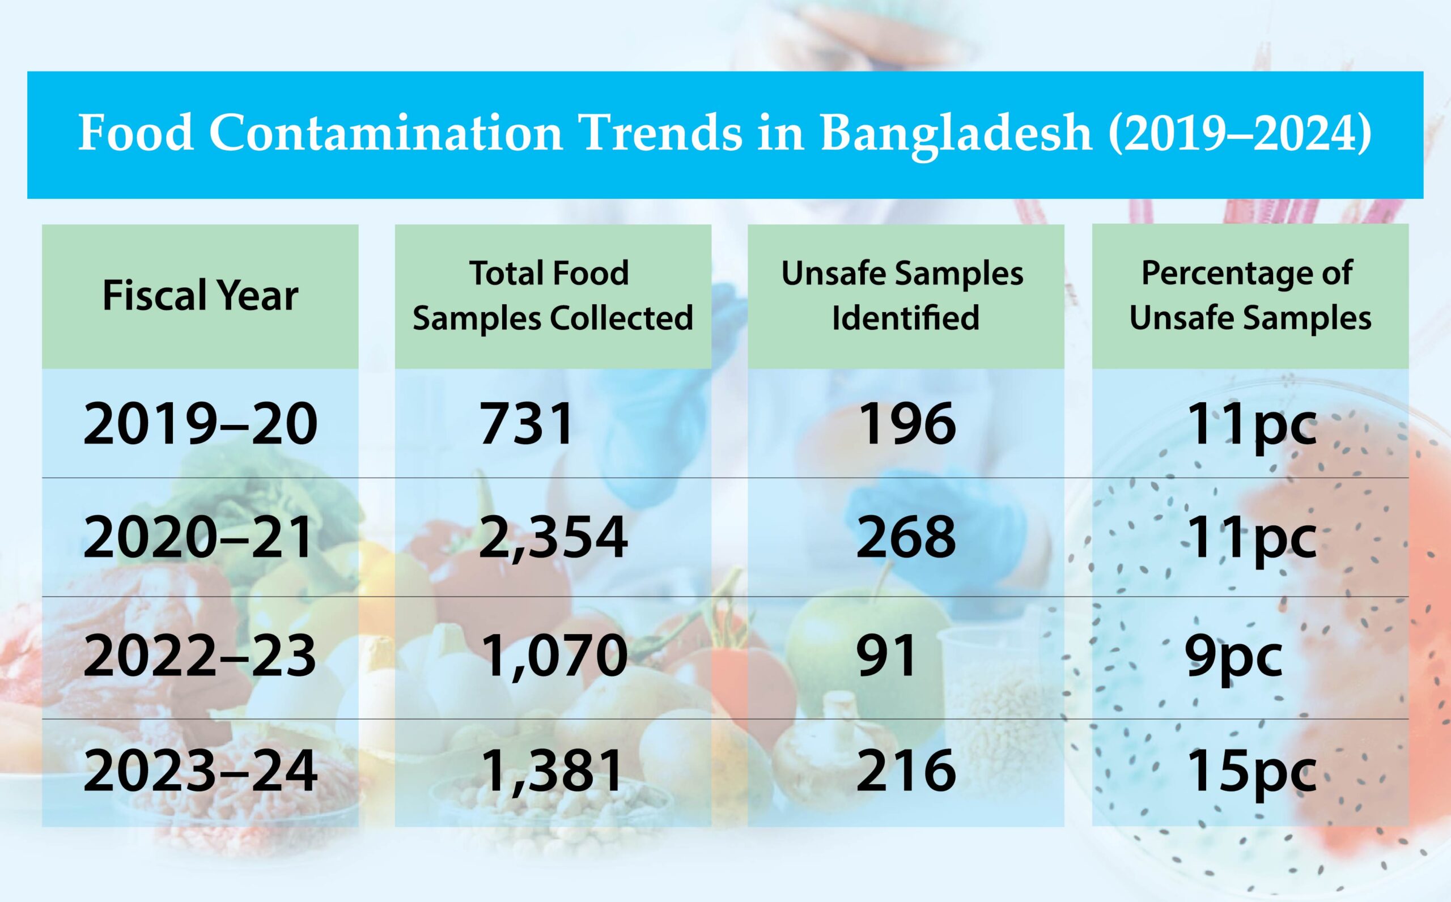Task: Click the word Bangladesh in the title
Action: point(956,134)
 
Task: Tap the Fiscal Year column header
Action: point(200,295)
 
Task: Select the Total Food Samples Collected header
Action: point(553,295)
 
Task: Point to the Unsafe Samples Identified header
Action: point(905,295)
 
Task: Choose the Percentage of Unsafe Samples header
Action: point(1250,295)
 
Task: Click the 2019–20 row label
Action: point(200,424)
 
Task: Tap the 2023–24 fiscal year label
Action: point(200,771)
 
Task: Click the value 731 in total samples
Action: point(526,424)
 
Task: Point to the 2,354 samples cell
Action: point(553,538)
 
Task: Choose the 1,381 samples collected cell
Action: point(553,771)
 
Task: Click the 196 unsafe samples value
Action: point(906,424)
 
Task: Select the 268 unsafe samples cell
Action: point(906,538)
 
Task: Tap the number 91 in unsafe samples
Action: point(886,656)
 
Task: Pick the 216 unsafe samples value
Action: point(906,771)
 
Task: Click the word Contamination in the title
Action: point(385,134)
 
